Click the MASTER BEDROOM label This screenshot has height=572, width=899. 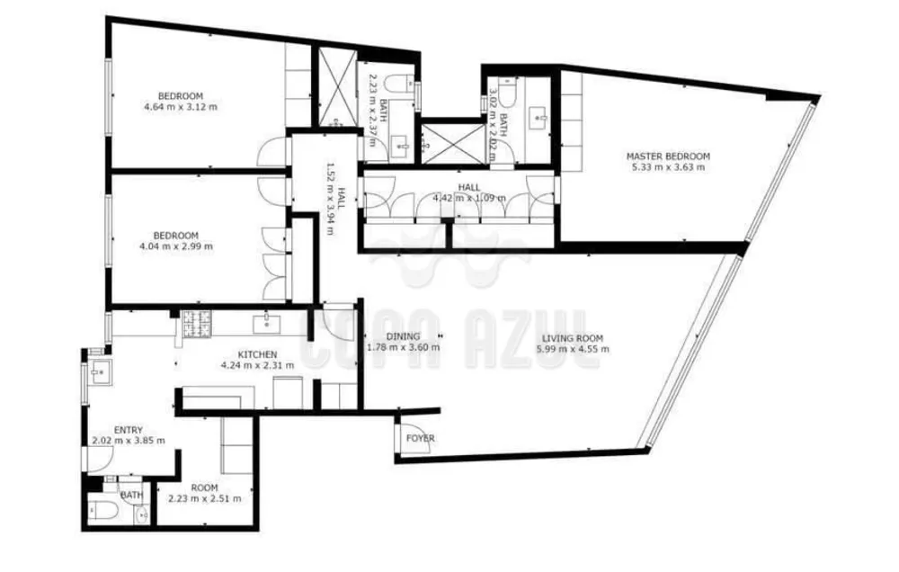[x=667, y=156]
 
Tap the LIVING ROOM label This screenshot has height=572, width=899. [x=569, y=338]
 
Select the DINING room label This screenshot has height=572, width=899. [x=404, y=336]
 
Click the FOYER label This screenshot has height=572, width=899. [x=421, y=438]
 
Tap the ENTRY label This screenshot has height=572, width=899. [x=129, y=430]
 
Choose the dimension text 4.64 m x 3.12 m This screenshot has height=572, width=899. [x=180, y=107]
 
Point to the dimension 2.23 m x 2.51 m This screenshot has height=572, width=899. [x=205, y=498]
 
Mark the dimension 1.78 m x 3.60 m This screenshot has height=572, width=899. [x=404, y=347]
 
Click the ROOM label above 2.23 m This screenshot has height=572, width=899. [x=205, y=487]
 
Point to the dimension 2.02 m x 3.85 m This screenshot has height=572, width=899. [x=129, y=441]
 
